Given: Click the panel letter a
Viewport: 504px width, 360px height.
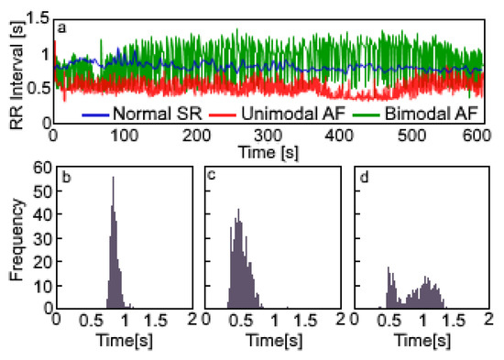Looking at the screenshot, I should pyautogui.click(x=61, y=27).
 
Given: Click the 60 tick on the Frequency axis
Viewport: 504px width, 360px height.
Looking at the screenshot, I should pyautogui.click(x=39, y=168).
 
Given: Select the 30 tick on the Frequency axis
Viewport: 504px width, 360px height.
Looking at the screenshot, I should pyautogui.click(x=39, y=238).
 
